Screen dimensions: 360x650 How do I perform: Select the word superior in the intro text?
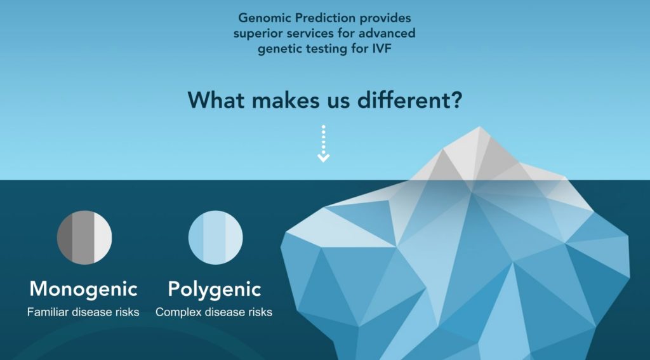click(258, 34)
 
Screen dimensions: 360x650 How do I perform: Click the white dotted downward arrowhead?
click(324, 156)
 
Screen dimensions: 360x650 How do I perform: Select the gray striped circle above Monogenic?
click(84, 237)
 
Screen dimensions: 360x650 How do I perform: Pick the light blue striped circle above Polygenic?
click(215, 237)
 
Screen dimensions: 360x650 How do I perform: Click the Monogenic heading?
click(83, 289)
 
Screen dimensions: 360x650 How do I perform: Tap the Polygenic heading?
click(215, 289)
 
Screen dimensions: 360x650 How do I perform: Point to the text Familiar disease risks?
click(83, 312)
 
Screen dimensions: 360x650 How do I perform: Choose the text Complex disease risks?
click(214, 312)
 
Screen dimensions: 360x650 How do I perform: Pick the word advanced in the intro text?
click(387, 34)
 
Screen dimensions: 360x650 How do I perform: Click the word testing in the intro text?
click(335, 49)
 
